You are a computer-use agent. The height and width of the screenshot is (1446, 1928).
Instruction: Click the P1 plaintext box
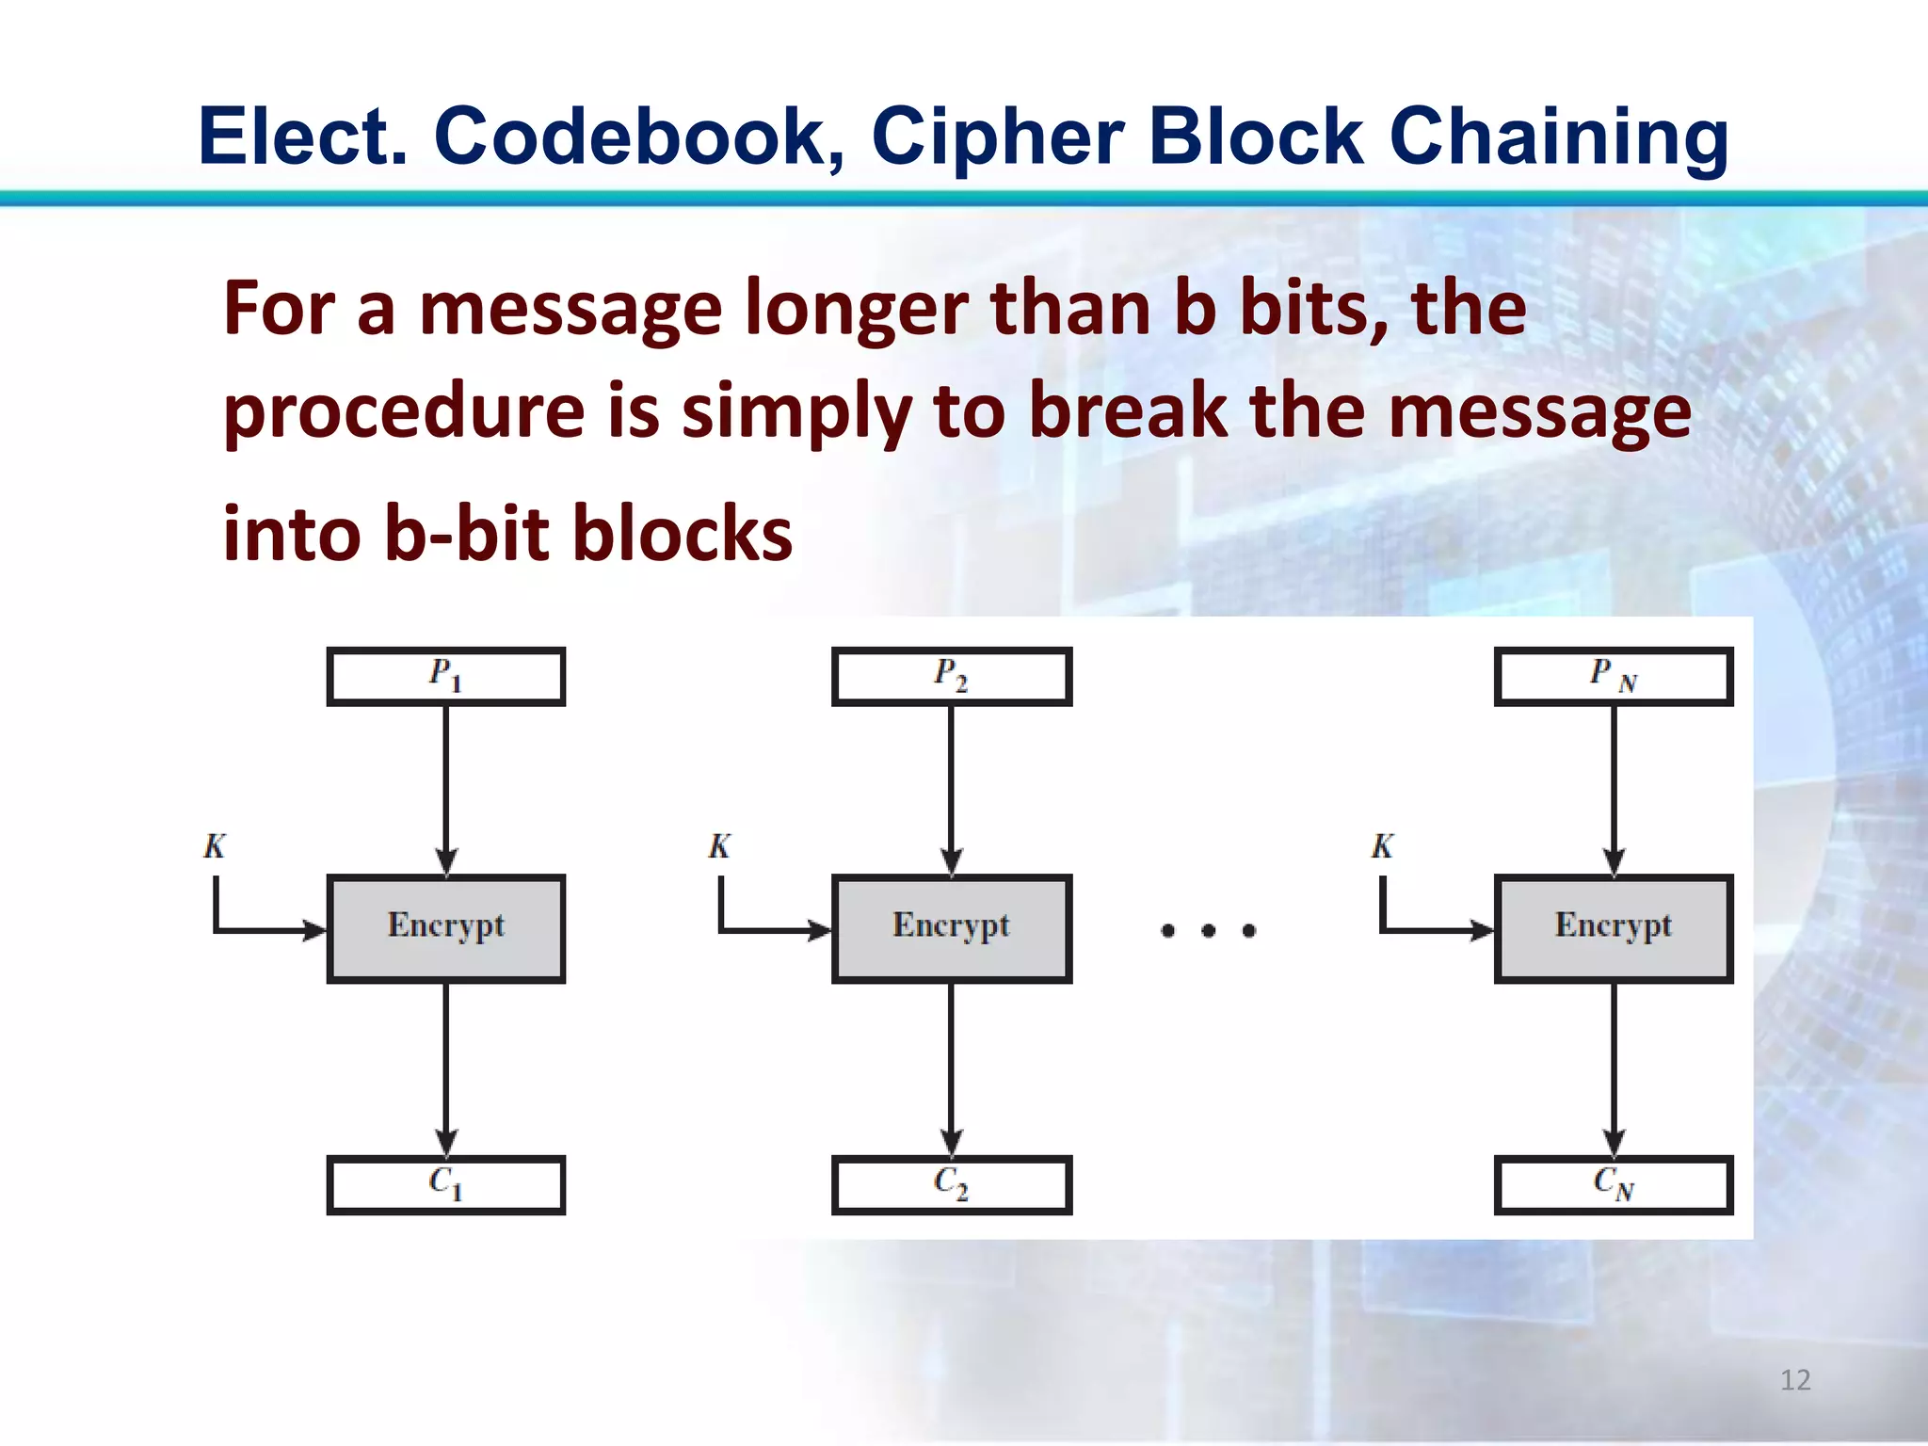[446, 676]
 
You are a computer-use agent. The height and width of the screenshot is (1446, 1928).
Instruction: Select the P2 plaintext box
[951, 676]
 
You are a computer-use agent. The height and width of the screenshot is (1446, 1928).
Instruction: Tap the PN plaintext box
[1614, 676]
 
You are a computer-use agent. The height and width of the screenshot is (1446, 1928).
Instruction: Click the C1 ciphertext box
[446, 1184]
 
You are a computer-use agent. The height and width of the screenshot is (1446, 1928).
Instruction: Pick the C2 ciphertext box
[951, 1184]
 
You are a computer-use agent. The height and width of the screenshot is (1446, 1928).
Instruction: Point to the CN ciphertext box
[1614, 1184]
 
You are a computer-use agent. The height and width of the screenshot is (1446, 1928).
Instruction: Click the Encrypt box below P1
[446, 928]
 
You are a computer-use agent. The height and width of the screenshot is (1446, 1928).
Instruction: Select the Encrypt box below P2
[951, 928]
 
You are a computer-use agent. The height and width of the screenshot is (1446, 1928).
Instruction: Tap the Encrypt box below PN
[1614, 928]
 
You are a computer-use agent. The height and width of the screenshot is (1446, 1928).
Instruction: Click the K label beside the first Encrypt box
[215, 846]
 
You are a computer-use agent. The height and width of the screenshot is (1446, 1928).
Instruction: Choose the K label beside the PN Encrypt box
[1382, 846]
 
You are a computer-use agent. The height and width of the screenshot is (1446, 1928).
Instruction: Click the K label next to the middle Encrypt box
[719, 846]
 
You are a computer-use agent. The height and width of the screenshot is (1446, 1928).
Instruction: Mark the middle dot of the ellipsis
[1209, 931]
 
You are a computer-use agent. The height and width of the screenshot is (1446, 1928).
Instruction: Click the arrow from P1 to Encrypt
[446, 791]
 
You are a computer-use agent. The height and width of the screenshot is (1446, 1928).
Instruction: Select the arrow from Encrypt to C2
[951, 1068]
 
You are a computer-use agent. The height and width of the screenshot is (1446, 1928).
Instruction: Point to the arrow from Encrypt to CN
[1614, 1068]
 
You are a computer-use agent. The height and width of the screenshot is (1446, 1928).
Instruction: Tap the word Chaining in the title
[1558, 137]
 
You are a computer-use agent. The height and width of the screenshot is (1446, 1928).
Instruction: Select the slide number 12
[1795, 1380]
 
